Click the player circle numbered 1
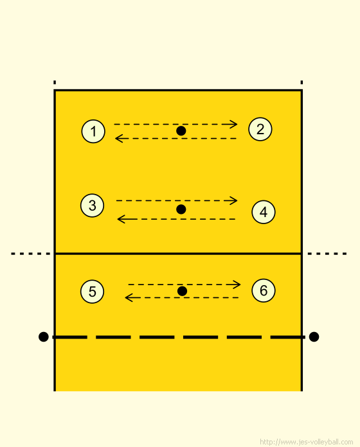pyautogui.click(x=93, y=132)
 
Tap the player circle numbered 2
pyautogui.click(x=260, y=129)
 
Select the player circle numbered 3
pyautogui.click(x=92, y=206)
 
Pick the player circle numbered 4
pyautogui.click(x=264, y=212)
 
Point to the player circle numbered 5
pyautogui.click(x=92, y=292)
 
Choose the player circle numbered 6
pyautogui.click(x=264, y=290)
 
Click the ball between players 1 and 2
pyautogui.click(x=181, y=131)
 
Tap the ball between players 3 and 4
pyautogui.click(x=181, y=209)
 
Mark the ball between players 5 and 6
pyautogui.click(x=182, y=291)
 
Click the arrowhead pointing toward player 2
pyautogui.click(x=234, y=125)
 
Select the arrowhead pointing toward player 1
pyautogui.click(x=119, y=139)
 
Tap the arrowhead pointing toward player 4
pyautogui.click(x=234, y=200)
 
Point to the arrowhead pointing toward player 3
pyautogui.click(x=122, y=219)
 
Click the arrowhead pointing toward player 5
pyautogui.click(x=129, y=298)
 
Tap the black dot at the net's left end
pyautogui.click(x=43, y=337)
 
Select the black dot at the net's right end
pyautogui.click(x=314, y=337)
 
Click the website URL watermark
pyautogui.click(x=307, y=442)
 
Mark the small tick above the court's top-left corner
pyautogui.click(x=55, y=82)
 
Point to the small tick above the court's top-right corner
pyautogui.click(x=301, y=82)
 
